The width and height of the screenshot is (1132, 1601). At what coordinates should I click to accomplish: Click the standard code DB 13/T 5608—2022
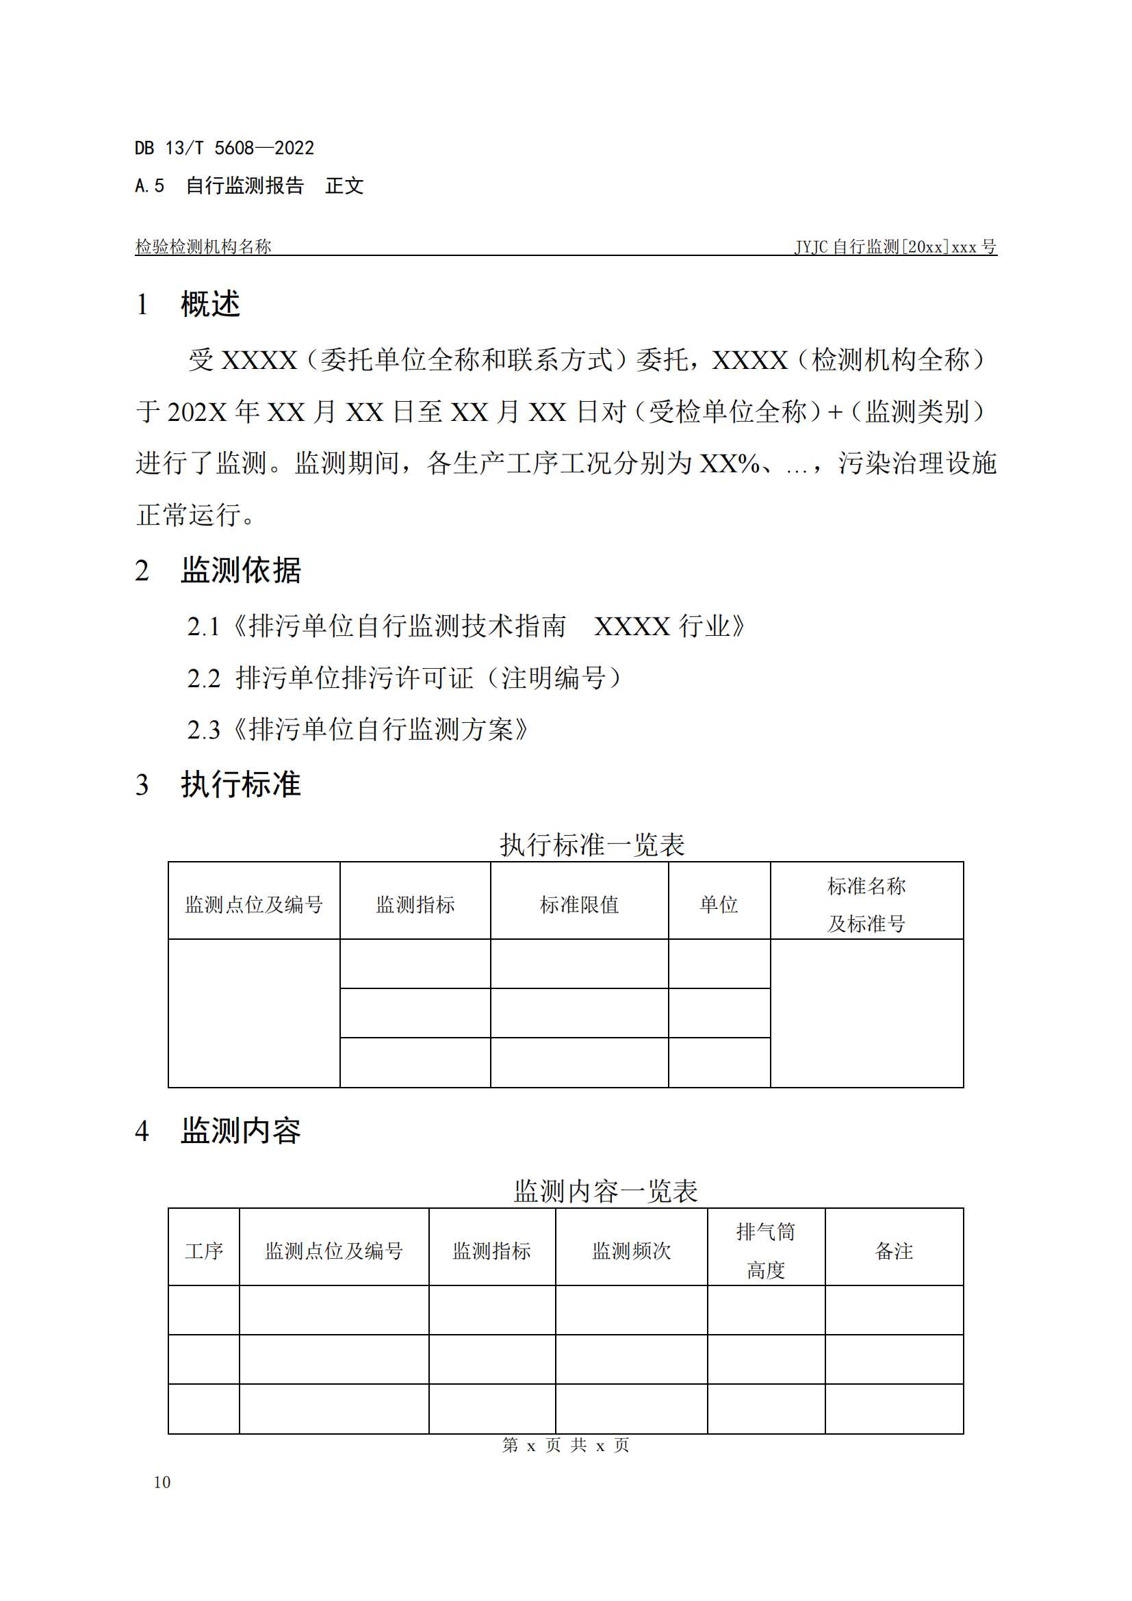pyautogui.click(x=224, y=148)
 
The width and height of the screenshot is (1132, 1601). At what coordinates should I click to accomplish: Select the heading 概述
pyautogui.click(x=210, y=304)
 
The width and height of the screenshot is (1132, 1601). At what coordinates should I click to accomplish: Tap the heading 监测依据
pyautogui.click(x=240, y=570)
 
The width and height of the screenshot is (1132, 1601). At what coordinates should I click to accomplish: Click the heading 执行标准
pyautogui.click(x=240, y=784)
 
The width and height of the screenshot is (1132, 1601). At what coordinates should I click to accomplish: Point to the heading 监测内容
pyautogui.click(x=240, y=1131)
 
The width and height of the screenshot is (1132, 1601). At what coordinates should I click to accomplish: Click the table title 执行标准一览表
pyautogui.click(x=592, y=845)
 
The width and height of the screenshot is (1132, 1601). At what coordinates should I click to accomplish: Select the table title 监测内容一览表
pyautogui.click(x=605, y=1192)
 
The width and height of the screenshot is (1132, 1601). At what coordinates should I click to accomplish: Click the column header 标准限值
pyautogui.click(x=578, y=905)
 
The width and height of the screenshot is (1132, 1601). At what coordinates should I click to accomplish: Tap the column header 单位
pyautogui.click(x=719, y=905)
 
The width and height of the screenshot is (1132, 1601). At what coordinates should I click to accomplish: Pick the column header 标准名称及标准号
pyautogui.click(x=866, y=904)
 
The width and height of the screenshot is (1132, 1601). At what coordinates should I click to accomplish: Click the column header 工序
pyautogui.click(x=203, y=1252)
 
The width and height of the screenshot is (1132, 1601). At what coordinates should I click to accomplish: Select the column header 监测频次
pyautogui.click(x=631, y=1252)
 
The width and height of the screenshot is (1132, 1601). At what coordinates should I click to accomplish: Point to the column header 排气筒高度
pyautogui.click(x=765, y=1252)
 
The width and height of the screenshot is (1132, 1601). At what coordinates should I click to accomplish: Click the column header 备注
pyautogui.click(x=894, y=1252)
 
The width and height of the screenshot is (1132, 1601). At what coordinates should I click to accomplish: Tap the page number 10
pyautogui.click(x=162, y=1482)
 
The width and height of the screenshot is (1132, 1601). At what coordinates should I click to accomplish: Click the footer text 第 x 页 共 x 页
pyautogui.click(x=565, y=1446)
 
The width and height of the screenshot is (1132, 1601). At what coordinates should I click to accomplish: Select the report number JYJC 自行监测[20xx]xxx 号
pyautogui.click(x=895, y=247)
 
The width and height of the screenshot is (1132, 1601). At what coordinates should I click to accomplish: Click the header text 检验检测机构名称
pyautogui.click(x=203, y=247)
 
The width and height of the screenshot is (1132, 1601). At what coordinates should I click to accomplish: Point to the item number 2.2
pyautogui.click(x=203, y=678)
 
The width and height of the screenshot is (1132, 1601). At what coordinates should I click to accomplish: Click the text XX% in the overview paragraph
pyautogui.click(x=729, y=463)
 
